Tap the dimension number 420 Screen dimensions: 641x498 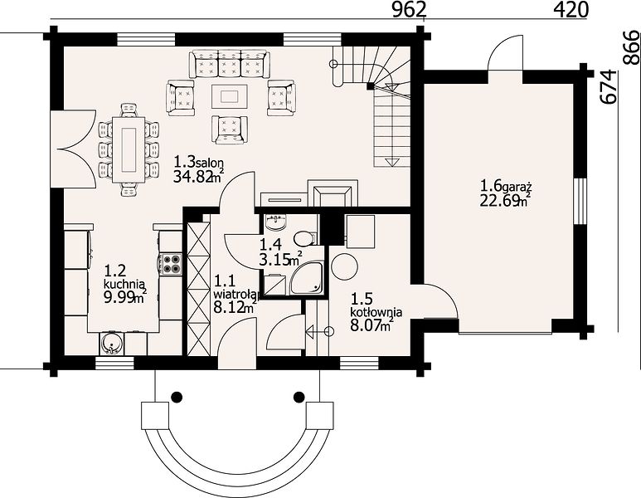coord(571,10)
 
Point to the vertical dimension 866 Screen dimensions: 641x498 coord(632,48)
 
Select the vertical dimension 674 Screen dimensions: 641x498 coord(609,87)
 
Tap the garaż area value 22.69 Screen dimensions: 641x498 coord(498,202)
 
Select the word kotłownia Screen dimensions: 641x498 coord(376,312)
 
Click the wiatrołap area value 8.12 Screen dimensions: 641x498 coord(229,306)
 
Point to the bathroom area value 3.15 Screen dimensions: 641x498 coord(274,259)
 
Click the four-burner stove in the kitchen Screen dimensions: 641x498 coord(172,264)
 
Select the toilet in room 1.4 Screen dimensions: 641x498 coord(304,238)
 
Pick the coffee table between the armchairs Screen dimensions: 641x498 coord(230,96)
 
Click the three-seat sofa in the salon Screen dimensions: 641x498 coord(230,63)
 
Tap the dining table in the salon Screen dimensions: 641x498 coord(130,149)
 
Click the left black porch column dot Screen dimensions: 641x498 coord(177,396)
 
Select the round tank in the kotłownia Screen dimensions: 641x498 coord(344,266)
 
